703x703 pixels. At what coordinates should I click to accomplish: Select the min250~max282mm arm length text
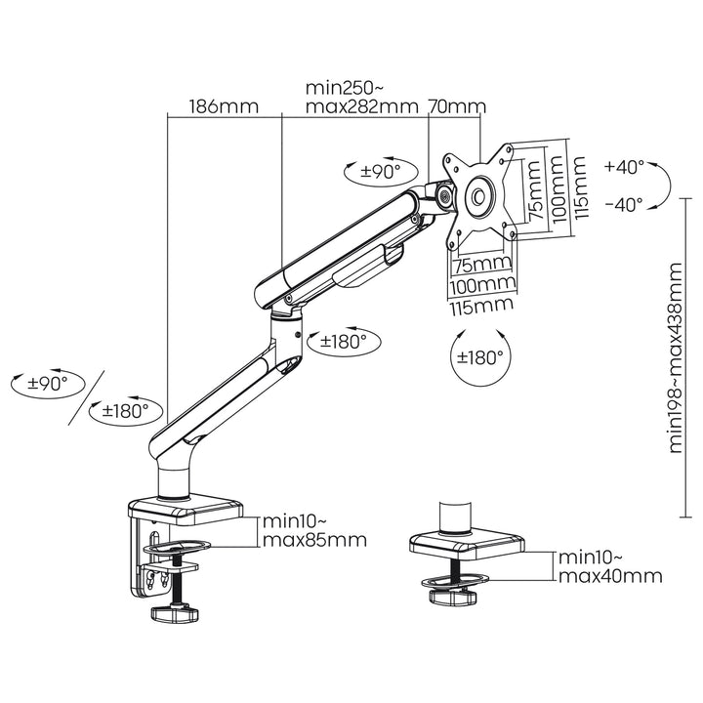[360, 96]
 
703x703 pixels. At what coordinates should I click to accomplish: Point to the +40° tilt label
[624, 167]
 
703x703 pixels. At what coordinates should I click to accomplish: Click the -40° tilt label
[624, 204]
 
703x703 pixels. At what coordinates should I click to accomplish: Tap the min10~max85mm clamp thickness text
[311, 530]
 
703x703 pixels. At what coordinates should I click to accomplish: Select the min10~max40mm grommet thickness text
[609, 566]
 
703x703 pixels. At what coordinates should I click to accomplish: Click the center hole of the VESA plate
[480, 195]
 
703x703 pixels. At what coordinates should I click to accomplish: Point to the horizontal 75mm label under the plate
[481, 265]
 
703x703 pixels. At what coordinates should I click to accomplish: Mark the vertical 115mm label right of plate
[581, 187]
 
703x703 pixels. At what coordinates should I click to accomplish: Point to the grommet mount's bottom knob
[452, 595]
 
